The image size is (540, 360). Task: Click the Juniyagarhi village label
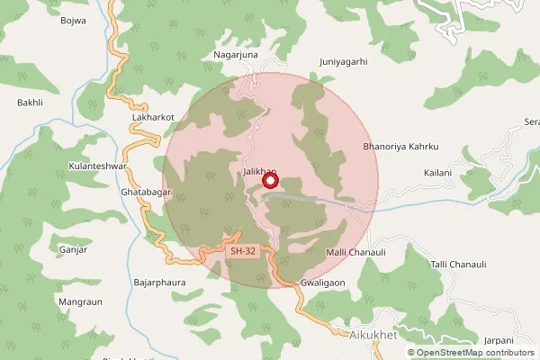coord(344,63)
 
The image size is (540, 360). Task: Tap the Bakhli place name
coord(30,103)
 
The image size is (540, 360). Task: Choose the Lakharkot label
coord(152,117)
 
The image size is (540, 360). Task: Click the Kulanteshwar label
coord(99,167)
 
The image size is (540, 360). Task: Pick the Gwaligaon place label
coord(323,282)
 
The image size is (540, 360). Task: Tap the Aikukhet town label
coord(372,334)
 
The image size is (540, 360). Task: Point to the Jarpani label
coord(497,340)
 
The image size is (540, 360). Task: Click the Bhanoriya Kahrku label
coord(400,146)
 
